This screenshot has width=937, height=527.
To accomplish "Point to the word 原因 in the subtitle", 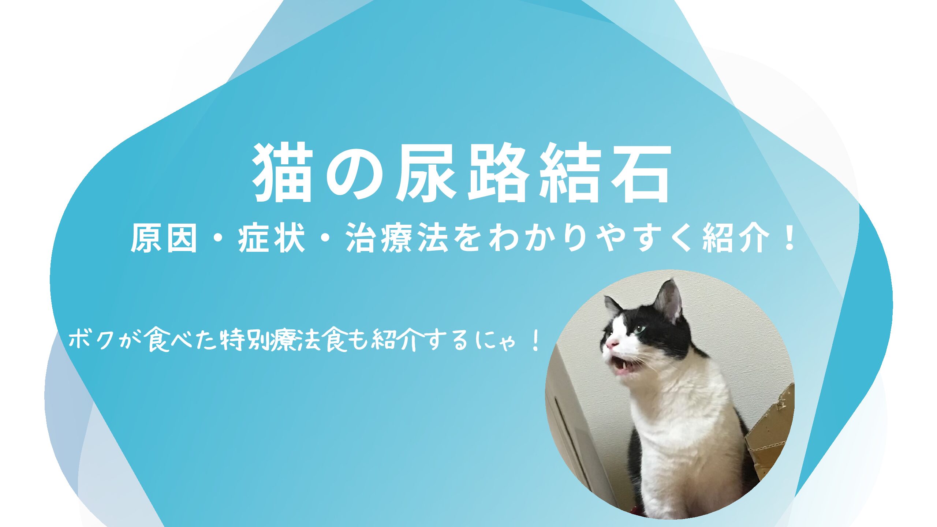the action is click(x=164, y=238).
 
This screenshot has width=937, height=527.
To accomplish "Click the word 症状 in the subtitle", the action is click(x=271, y=238).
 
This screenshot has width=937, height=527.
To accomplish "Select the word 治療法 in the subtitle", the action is click(x=397, y=238).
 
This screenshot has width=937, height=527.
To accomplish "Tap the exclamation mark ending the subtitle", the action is click(x=787, y=238).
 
